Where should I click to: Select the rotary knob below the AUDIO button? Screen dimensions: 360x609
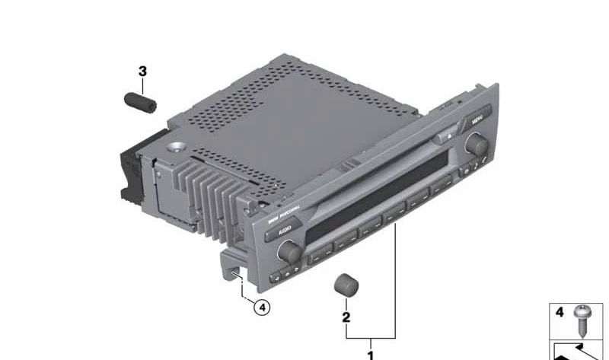[x=289, y=250]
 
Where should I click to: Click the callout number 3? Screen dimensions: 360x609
[x=142, y=72]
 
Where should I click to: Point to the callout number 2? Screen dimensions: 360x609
[x=346, y=317]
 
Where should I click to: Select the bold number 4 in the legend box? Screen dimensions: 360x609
[x=560, y=312]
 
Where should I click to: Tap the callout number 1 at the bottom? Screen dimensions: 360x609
[x=371, y=354]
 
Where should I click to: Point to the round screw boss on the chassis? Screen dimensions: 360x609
[x=177, y=148]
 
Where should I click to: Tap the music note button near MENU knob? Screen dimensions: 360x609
[x=474, y=170]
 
